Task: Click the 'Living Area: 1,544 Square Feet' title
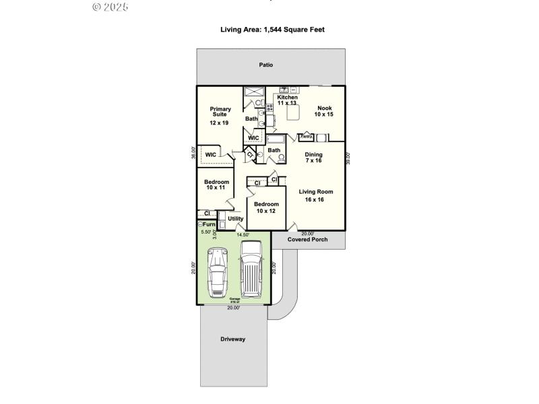pos(273,30)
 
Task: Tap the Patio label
pos(266,65)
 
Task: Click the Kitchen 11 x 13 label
pos(287,100)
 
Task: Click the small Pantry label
pos(306,136)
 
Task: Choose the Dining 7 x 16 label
pos(313,158)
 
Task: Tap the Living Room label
pos(316,195)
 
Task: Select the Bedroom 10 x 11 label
pos(217,184)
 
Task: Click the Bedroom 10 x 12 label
pos(266,207)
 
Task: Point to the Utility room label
pos(236,218)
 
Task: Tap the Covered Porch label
pos(307,239)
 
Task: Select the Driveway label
pos(232,339)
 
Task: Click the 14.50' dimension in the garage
pos(243,234)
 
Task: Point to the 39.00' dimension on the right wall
pos(348,158)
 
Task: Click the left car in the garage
pos(217,272)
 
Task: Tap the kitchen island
pos(294,113)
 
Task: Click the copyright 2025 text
pos(109,7)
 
